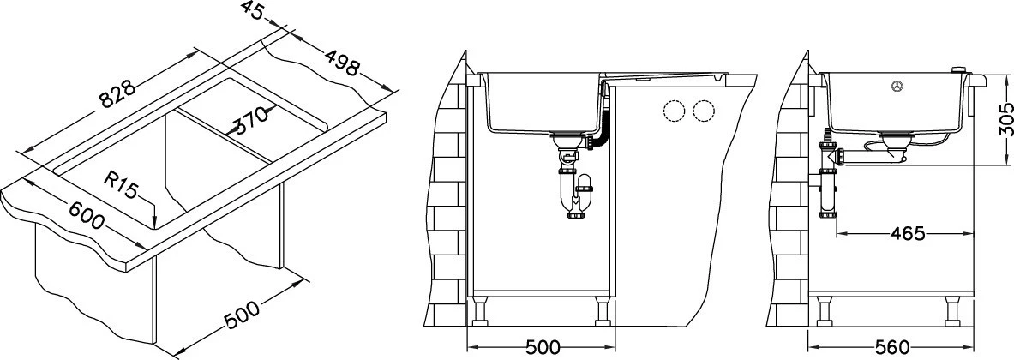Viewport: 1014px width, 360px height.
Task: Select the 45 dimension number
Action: tap(254, 11)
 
